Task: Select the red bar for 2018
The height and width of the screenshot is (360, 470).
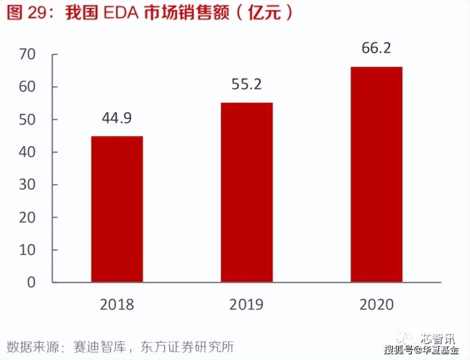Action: point(117,209)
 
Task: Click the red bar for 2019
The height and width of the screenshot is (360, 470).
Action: point(246,192)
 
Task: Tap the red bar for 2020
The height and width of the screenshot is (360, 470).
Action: point(376,174)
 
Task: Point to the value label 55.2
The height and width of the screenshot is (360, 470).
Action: point(246,85)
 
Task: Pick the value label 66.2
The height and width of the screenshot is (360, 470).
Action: point(376,50)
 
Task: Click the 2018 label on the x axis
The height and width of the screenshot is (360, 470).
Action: point(117,305)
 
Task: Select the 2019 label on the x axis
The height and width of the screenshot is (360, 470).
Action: point(246,305)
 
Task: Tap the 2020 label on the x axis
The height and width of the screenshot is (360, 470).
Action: point(376,305)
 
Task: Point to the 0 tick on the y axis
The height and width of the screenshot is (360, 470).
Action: point(32,282)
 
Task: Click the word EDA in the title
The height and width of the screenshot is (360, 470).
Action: point(109,14)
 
